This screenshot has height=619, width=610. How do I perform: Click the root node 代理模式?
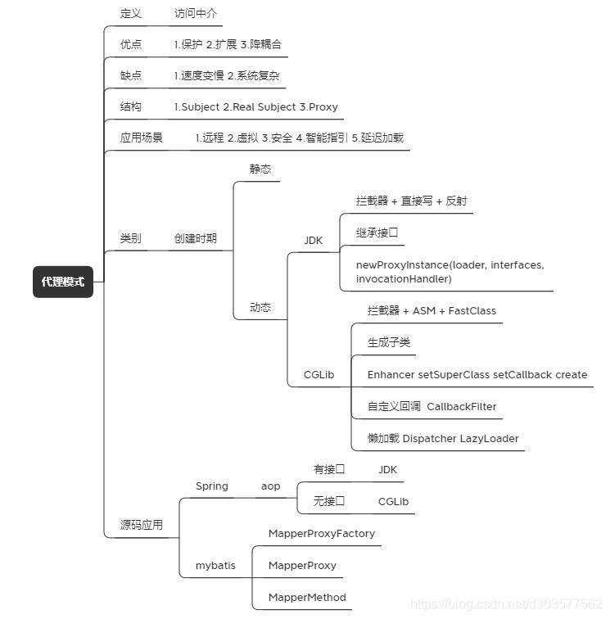tap(63, 282)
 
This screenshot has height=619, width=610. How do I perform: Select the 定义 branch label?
tap(131, 14)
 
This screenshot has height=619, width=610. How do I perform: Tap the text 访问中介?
tap(196, 14)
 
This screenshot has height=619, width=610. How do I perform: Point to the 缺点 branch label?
tap(131, 75)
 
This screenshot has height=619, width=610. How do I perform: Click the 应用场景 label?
tap(142, 138)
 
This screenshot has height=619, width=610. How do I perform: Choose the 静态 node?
tap(260, 169)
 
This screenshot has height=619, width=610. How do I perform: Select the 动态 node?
tap(260, 308)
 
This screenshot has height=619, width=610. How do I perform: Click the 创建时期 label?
tap(196, 239)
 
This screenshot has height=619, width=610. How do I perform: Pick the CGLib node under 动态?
tap(319, 375)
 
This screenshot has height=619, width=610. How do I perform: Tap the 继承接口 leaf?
tap(377, 233)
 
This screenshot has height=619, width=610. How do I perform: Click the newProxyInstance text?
tap(401, 265)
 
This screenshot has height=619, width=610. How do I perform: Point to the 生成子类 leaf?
tap(389, 343)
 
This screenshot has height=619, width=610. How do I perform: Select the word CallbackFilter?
tap(462, 407)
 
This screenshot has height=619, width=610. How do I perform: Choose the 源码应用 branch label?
tap(142, 525)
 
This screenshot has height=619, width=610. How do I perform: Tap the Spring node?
tap(211, 486)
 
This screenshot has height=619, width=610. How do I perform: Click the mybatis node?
tap(215, 566)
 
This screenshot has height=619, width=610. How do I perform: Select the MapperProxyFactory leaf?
tap(322, 534)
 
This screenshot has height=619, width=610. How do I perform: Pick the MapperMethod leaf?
tap(307, 598)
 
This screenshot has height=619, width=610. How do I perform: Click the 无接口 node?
tap(329, 501)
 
